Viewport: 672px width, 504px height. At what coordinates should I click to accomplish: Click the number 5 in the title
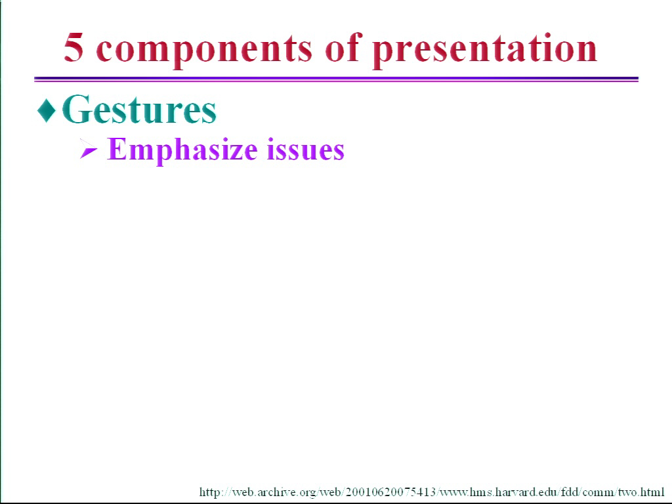tap(73, 47)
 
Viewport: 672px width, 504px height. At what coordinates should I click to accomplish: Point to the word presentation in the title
tap(484, 50)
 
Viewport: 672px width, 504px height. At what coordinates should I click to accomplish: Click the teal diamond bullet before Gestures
tap(47, 110)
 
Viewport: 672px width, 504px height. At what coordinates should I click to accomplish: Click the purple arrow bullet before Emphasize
tap(89, 150)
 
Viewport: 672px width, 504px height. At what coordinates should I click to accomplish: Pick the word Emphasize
tap(182, 150)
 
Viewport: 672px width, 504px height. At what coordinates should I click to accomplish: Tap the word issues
tap(306, 150)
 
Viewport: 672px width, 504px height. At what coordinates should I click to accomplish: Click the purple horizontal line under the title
tap(337, 79)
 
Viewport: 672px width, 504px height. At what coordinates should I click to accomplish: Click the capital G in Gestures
tap(77, 109)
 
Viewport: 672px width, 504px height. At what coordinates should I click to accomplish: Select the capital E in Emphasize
tap(117, 149)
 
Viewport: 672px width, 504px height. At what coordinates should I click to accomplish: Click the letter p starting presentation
tap(382, 53)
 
